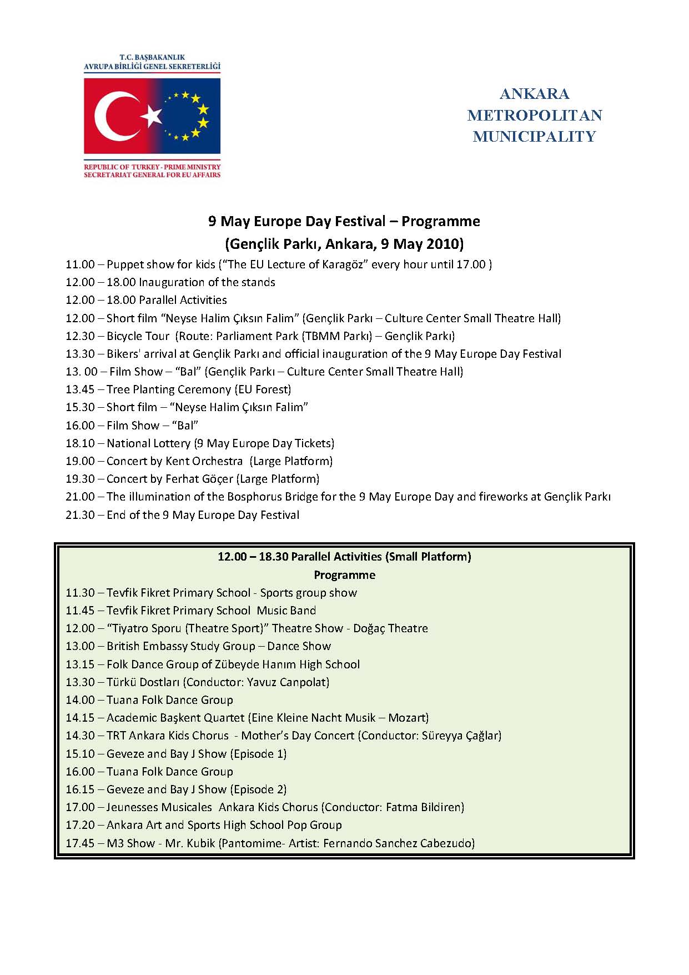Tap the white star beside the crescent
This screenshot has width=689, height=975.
coord(152,116)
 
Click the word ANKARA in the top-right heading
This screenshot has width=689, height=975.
coord(534,93)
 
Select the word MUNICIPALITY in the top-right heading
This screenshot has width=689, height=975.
coord(534,137)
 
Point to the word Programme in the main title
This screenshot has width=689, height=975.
coord(441,221)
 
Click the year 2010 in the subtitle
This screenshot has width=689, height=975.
coord(444,244)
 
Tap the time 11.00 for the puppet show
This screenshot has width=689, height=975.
coord(80,264)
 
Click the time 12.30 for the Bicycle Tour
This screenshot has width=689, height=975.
coord(80,336)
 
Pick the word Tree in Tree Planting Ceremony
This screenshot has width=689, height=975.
coord(118,389)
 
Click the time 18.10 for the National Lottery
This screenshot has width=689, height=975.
coord(80,443)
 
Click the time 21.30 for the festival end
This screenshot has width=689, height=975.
coord(80,515)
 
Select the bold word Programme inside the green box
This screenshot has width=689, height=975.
coord(344,574)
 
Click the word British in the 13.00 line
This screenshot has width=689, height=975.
coord(123,646)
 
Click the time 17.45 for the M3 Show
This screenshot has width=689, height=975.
coord(80,843)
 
